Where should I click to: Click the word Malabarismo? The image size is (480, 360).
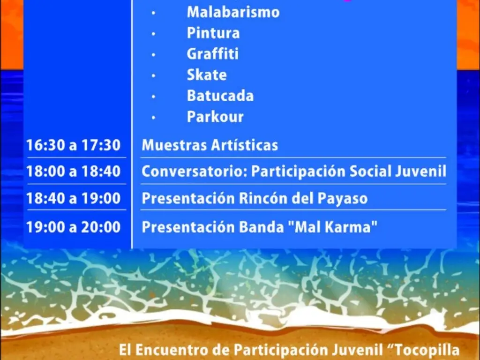pos(233,12)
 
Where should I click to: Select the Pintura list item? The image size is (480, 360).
pos(213,33)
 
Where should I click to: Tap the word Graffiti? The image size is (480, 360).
pos(212,54)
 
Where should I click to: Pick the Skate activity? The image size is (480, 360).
pos(206,75)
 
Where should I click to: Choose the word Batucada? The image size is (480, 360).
pos(220,96)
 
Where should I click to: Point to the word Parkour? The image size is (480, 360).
pos(215,117)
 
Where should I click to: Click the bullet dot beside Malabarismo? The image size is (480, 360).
pos(153,13)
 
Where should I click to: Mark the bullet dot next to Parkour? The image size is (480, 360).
pos(153,118)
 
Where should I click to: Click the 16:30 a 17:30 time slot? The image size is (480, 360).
pos(73,145)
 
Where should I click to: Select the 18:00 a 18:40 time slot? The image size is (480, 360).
pos(73,172)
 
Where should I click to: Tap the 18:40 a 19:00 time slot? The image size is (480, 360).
pos(73,199)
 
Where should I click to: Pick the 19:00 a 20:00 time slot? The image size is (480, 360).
pos(73,227)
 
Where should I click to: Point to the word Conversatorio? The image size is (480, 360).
pos(194,172)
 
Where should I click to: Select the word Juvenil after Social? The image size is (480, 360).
pos(421,172)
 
